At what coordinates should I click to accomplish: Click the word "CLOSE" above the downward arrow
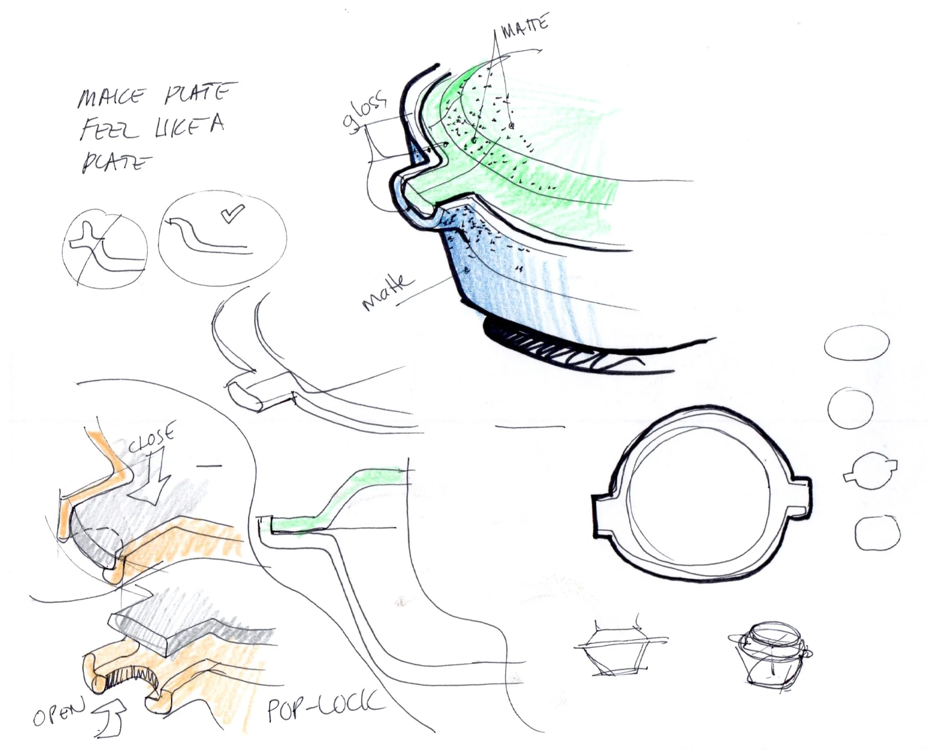coord(152,437)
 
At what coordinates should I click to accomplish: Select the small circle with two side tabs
coord(870,471)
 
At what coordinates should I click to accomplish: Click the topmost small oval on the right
coord(857,343)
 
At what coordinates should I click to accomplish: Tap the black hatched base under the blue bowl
coord(550,348)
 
